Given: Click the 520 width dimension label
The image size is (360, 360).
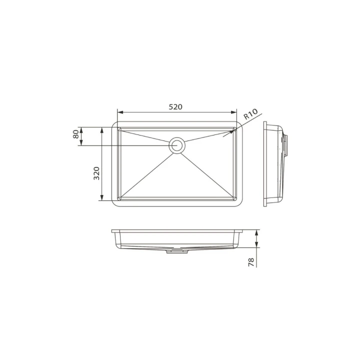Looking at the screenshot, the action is [x=175, y=107].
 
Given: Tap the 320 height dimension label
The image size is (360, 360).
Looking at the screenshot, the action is [x=96, y=173].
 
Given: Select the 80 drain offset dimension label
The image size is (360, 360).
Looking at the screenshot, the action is [x=76, y=134].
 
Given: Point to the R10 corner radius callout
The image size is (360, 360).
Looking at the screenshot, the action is [x=250, y=114].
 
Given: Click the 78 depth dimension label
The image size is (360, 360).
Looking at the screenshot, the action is [x=251, y=262].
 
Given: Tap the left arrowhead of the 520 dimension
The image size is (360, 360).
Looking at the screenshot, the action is [x=120, y=112].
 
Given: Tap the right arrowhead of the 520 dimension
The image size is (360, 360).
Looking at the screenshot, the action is [x=233, y=112].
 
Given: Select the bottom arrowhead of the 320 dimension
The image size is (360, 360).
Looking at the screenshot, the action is [x=101, y=197].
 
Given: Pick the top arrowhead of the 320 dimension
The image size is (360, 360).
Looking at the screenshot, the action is [x=101, y=130].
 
